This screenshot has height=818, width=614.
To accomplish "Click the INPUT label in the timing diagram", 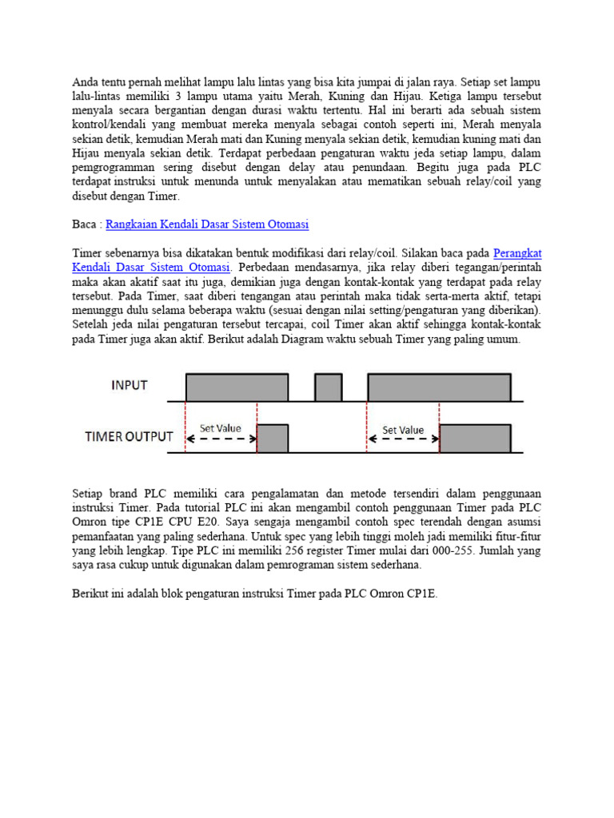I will [129, 385].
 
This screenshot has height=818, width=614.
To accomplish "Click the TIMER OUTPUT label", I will [129, 437].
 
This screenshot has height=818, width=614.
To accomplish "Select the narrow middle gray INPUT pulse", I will [328, 387].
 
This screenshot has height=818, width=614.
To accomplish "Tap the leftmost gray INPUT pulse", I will [237, 387].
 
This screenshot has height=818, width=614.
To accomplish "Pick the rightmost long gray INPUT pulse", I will [438, 387].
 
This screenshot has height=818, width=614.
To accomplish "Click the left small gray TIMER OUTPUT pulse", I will [272, 439].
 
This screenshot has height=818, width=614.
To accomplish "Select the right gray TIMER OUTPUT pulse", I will [475, 439].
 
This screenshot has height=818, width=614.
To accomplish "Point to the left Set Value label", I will [221, 429].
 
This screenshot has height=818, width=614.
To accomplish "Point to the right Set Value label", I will [403, 430].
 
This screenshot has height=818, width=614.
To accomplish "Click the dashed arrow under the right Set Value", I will [402, 439].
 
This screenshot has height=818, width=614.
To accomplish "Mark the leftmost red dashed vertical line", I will [185, 427].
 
